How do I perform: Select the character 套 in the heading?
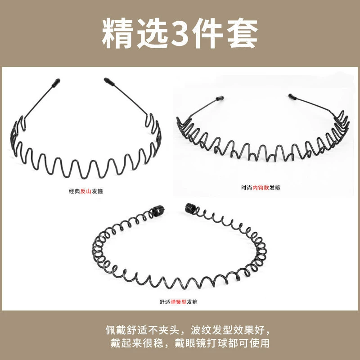pos(243,33)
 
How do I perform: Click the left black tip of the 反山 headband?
pos(56,83)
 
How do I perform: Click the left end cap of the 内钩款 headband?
pos(220,98)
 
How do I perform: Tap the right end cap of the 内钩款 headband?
pos(292,96)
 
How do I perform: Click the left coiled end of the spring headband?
pos(158,210)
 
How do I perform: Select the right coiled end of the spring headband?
pos(190,208)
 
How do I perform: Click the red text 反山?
pos(86,191)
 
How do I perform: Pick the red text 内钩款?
pos(261,188)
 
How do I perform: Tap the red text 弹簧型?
pos(178,301)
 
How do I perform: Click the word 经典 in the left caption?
pos(75,191)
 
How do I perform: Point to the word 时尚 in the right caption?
pos(247,188)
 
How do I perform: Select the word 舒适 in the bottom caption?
pos(165,301)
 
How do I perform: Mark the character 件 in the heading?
pos(209,33)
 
